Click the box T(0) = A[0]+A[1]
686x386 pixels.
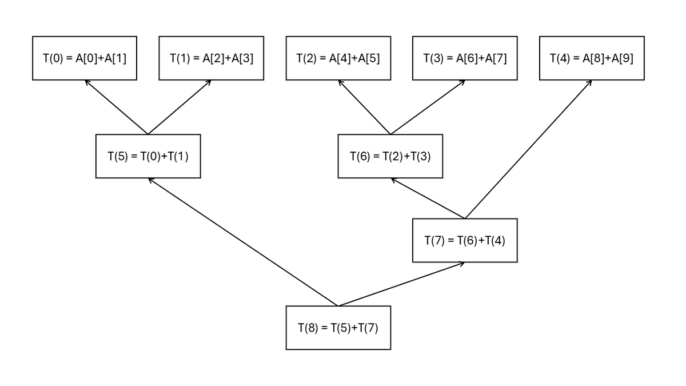click(85, 58)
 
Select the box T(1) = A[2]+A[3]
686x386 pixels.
click(212, 58)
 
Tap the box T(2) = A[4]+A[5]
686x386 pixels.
click(338, 58)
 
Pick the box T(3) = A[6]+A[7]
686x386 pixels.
click(465, 58)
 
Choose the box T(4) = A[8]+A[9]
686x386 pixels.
click(592, 58)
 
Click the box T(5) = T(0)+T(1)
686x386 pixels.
click(148, 156)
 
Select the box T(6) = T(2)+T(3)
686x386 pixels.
click(390, 156)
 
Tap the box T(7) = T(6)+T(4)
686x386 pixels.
click(465, 240)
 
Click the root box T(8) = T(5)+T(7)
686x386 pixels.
click(338, 328)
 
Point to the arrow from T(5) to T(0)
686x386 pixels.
click(117, 108)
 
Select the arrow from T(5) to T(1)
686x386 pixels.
click(180, 108)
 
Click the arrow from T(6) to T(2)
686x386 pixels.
click(365, 108)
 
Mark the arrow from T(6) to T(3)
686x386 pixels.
click(428, 108)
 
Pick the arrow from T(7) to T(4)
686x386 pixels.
click(528, 149)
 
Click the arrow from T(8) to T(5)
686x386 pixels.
click(243, 242)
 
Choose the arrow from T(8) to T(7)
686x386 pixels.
click(401, 284)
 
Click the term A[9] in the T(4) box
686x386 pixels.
click(622, 58)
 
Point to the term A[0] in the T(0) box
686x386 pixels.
click(87, 58)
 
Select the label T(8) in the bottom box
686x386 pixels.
click(308, 328)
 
